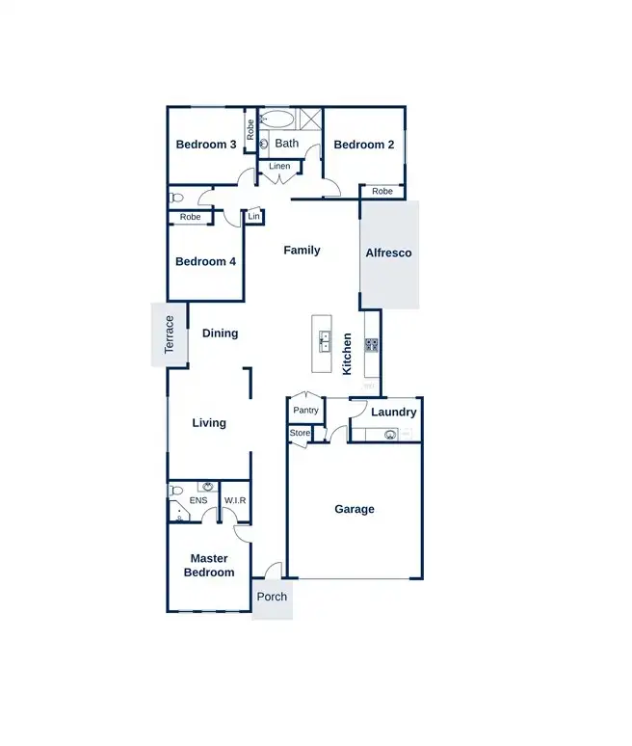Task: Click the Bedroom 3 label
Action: [206, 145]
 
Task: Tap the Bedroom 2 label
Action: [364, 145]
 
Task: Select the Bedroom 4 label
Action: [205, 261]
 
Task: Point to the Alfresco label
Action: [388, 253]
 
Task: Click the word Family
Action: [302, 250]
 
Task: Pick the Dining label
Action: [220, 333]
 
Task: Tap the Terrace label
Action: [170, 334]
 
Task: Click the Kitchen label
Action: [348, 354]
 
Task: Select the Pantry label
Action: [306, 411]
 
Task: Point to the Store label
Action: [301, 434]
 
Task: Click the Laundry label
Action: [394, 413]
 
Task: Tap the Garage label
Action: [355, 509]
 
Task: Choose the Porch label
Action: [273, 597]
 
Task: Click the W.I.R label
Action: [235, 500]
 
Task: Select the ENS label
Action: [198, 500]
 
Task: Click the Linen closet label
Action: [279, 166]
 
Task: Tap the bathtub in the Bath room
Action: [278, 120]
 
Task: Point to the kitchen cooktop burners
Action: [371, 343]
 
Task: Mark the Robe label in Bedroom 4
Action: [191, 217]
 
